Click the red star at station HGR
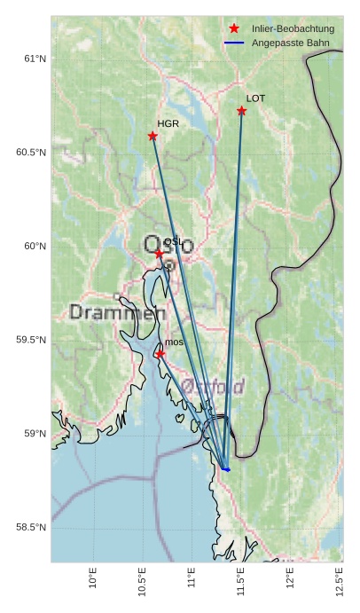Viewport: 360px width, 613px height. click(153, 136)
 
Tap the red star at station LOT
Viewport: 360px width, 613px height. click(241, 111)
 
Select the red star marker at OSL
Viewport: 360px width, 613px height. click(160, 254)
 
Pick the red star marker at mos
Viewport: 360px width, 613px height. click(160, 354)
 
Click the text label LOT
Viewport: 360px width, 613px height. click(255, 98)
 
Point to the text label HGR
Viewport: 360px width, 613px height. click(168, 124)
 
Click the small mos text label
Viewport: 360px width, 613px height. click(174, 342)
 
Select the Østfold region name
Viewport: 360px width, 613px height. click(213, 386)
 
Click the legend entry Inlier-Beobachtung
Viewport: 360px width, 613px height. click(293, 28)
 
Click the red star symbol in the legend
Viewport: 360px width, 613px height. click(234, 28)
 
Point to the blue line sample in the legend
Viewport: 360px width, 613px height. click(234, 42)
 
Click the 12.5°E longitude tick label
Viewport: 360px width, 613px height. click(339, 577)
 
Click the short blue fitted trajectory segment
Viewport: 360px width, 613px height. click(225, 468)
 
